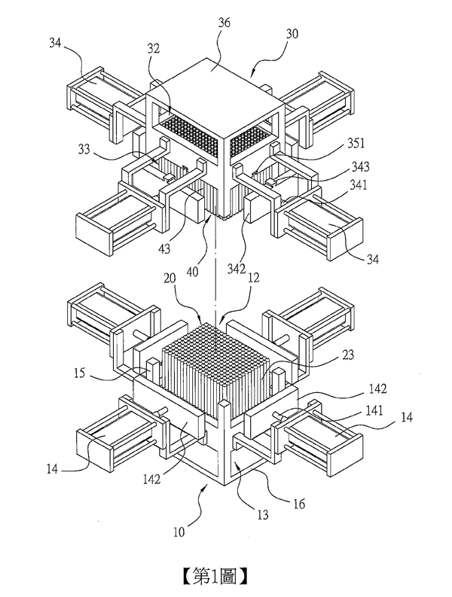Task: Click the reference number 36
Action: (224, 23)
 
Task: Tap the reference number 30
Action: (292, 35)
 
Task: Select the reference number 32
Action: (153, 49)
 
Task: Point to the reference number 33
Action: (84, 149)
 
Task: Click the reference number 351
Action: (356, 143)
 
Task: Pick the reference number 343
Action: (360, 166)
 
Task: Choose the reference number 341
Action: (358, 185)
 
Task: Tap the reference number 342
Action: (237, 269)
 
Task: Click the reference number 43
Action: (164, 249)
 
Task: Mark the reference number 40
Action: (191, 272)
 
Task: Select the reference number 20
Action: (169, 279)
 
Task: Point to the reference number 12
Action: (253, 278)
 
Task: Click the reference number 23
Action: (348, 355)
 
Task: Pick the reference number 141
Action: (374, 410)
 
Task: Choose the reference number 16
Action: (299, 504)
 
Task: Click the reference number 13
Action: (263, 515)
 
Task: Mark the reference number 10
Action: (179, 532)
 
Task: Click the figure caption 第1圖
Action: (215, 576)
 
